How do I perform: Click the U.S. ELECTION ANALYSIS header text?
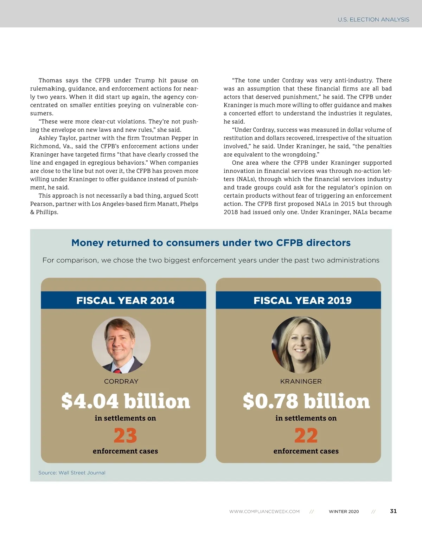(373, 20)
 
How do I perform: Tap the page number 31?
(393, 511)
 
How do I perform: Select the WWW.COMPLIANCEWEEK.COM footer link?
(264, 511)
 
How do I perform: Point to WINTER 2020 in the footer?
(344, 511)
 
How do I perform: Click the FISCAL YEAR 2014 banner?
(125, 300)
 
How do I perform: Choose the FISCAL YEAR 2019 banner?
(302, 300)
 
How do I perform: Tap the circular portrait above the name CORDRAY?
(121, 345)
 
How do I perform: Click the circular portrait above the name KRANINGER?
(301, 345)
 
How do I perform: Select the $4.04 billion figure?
(126, 401)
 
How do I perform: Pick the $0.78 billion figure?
(306, 401)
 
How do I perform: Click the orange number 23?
(125, 436)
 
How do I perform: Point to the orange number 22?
(306, 436)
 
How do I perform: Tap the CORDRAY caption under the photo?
(121, 381)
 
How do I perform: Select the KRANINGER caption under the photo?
(301, 381)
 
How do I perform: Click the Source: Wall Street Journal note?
(72, 473)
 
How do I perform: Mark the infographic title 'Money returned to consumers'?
(211, 243)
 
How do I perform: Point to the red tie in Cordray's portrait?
(117, 370)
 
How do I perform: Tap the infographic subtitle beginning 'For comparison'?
(211, 260)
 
